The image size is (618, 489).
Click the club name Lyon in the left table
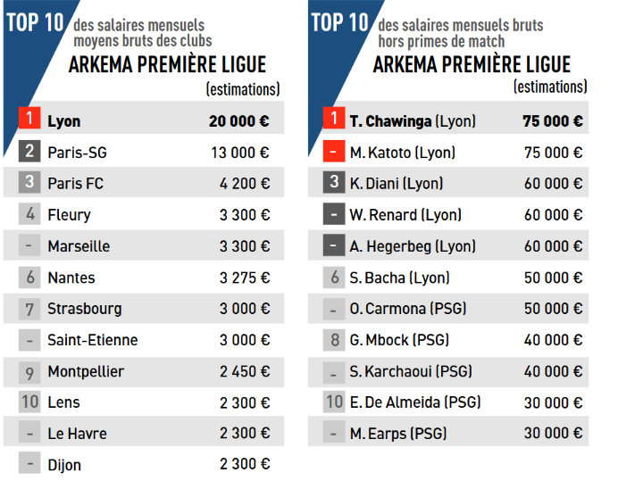click(x=64, y=121)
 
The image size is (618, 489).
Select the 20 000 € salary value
click(x=239, y=121)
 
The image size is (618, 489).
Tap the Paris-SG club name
click(x=77, y=153)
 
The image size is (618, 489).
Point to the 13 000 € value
click(x=239, y=153)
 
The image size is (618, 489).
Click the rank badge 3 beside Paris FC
click(x=29, y=183)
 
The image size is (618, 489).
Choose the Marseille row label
click(x=79, y=246)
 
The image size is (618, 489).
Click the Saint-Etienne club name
click(x=92, y=340)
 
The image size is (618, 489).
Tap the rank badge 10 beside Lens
click(x=29, y=402)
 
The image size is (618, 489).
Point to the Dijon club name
click(x=64, y=465)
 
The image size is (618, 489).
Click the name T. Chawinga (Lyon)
click(x=413, y=121)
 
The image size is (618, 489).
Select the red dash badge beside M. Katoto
click(x=333, y=153)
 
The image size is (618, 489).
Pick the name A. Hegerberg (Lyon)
click(x=413, y=246)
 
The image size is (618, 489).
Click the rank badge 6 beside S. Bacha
click(x=333, y=278)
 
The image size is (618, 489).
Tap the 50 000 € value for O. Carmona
click(x=553, y=309)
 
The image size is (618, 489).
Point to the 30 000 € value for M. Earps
click(x=553, y=434)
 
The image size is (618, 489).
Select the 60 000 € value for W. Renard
click(x=553, y=215)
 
